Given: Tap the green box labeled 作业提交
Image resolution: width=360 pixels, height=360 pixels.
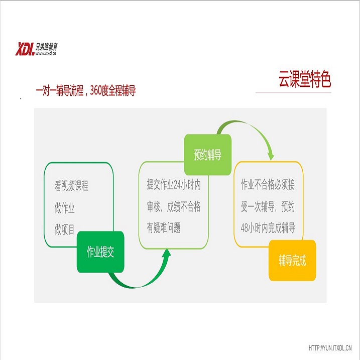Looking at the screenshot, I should [x=100, y=252].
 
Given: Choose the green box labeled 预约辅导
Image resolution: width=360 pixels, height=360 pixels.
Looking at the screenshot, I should [x=207, y=155].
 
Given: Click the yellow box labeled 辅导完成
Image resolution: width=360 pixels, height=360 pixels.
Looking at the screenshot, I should [x=292, y=261].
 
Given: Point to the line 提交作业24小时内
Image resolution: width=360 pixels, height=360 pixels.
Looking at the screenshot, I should [x=173, y=185].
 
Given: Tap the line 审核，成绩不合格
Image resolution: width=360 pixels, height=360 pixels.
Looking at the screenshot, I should [x=173, y=206].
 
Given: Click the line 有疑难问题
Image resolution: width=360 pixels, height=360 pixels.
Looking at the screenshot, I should [x=164, y=228].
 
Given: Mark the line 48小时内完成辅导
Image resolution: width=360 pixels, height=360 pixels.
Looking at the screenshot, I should [x=268, y=228].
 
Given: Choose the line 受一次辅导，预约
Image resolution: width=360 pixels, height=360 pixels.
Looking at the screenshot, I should [x=268, y=206].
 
